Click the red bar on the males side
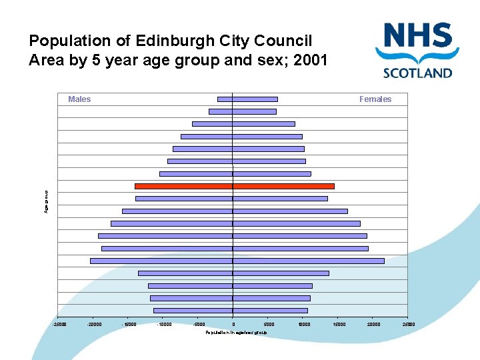pos(183,186)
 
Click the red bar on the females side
pos(283,186)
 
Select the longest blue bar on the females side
pos(308,261)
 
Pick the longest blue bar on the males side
pos(161,261)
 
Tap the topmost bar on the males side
pos(225,99)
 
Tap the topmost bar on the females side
pos(255,99)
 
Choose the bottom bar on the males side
pos(193,311)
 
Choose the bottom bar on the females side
pos(270,311)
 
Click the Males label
pos(79,99)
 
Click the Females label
pos(375,99)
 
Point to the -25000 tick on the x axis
pos(59,325)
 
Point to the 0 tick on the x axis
pos(233,325)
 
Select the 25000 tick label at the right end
pos(408,325)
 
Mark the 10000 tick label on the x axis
pos(304,325)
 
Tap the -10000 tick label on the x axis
pos(164,325)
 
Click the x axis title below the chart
pos(236,331)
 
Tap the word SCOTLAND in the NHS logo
pos(417,73)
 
